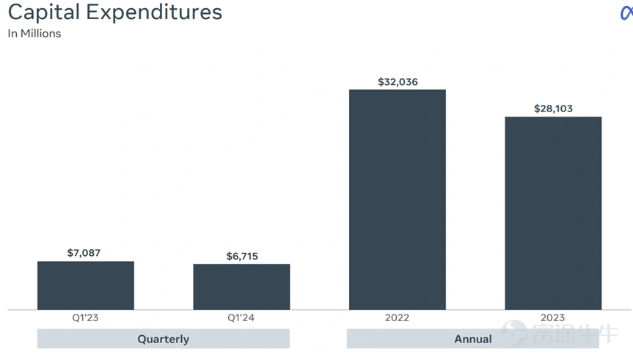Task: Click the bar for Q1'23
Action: point(86,285)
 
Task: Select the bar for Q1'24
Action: point(241,287)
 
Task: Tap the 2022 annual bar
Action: point(398,199)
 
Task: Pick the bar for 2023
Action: point(553,213)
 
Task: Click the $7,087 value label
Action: point(84,253)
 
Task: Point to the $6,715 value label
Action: point(242,257)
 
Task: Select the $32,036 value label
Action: point(398,82)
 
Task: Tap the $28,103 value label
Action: point(553,109)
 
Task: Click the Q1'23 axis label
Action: point(85,317)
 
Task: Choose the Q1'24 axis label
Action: point(241,317)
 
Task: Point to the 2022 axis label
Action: point(397,317)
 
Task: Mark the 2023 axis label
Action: point(552,317)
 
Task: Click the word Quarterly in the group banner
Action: point(163,339)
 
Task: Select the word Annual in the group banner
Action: point(472,339)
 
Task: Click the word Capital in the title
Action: point(43,12)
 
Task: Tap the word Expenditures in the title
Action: point(154,12)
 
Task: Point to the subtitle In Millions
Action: point(34,34)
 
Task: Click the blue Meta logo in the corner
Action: point(626,12)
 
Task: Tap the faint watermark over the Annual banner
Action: point(559,333)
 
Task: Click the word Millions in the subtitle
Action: point(41,34)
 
